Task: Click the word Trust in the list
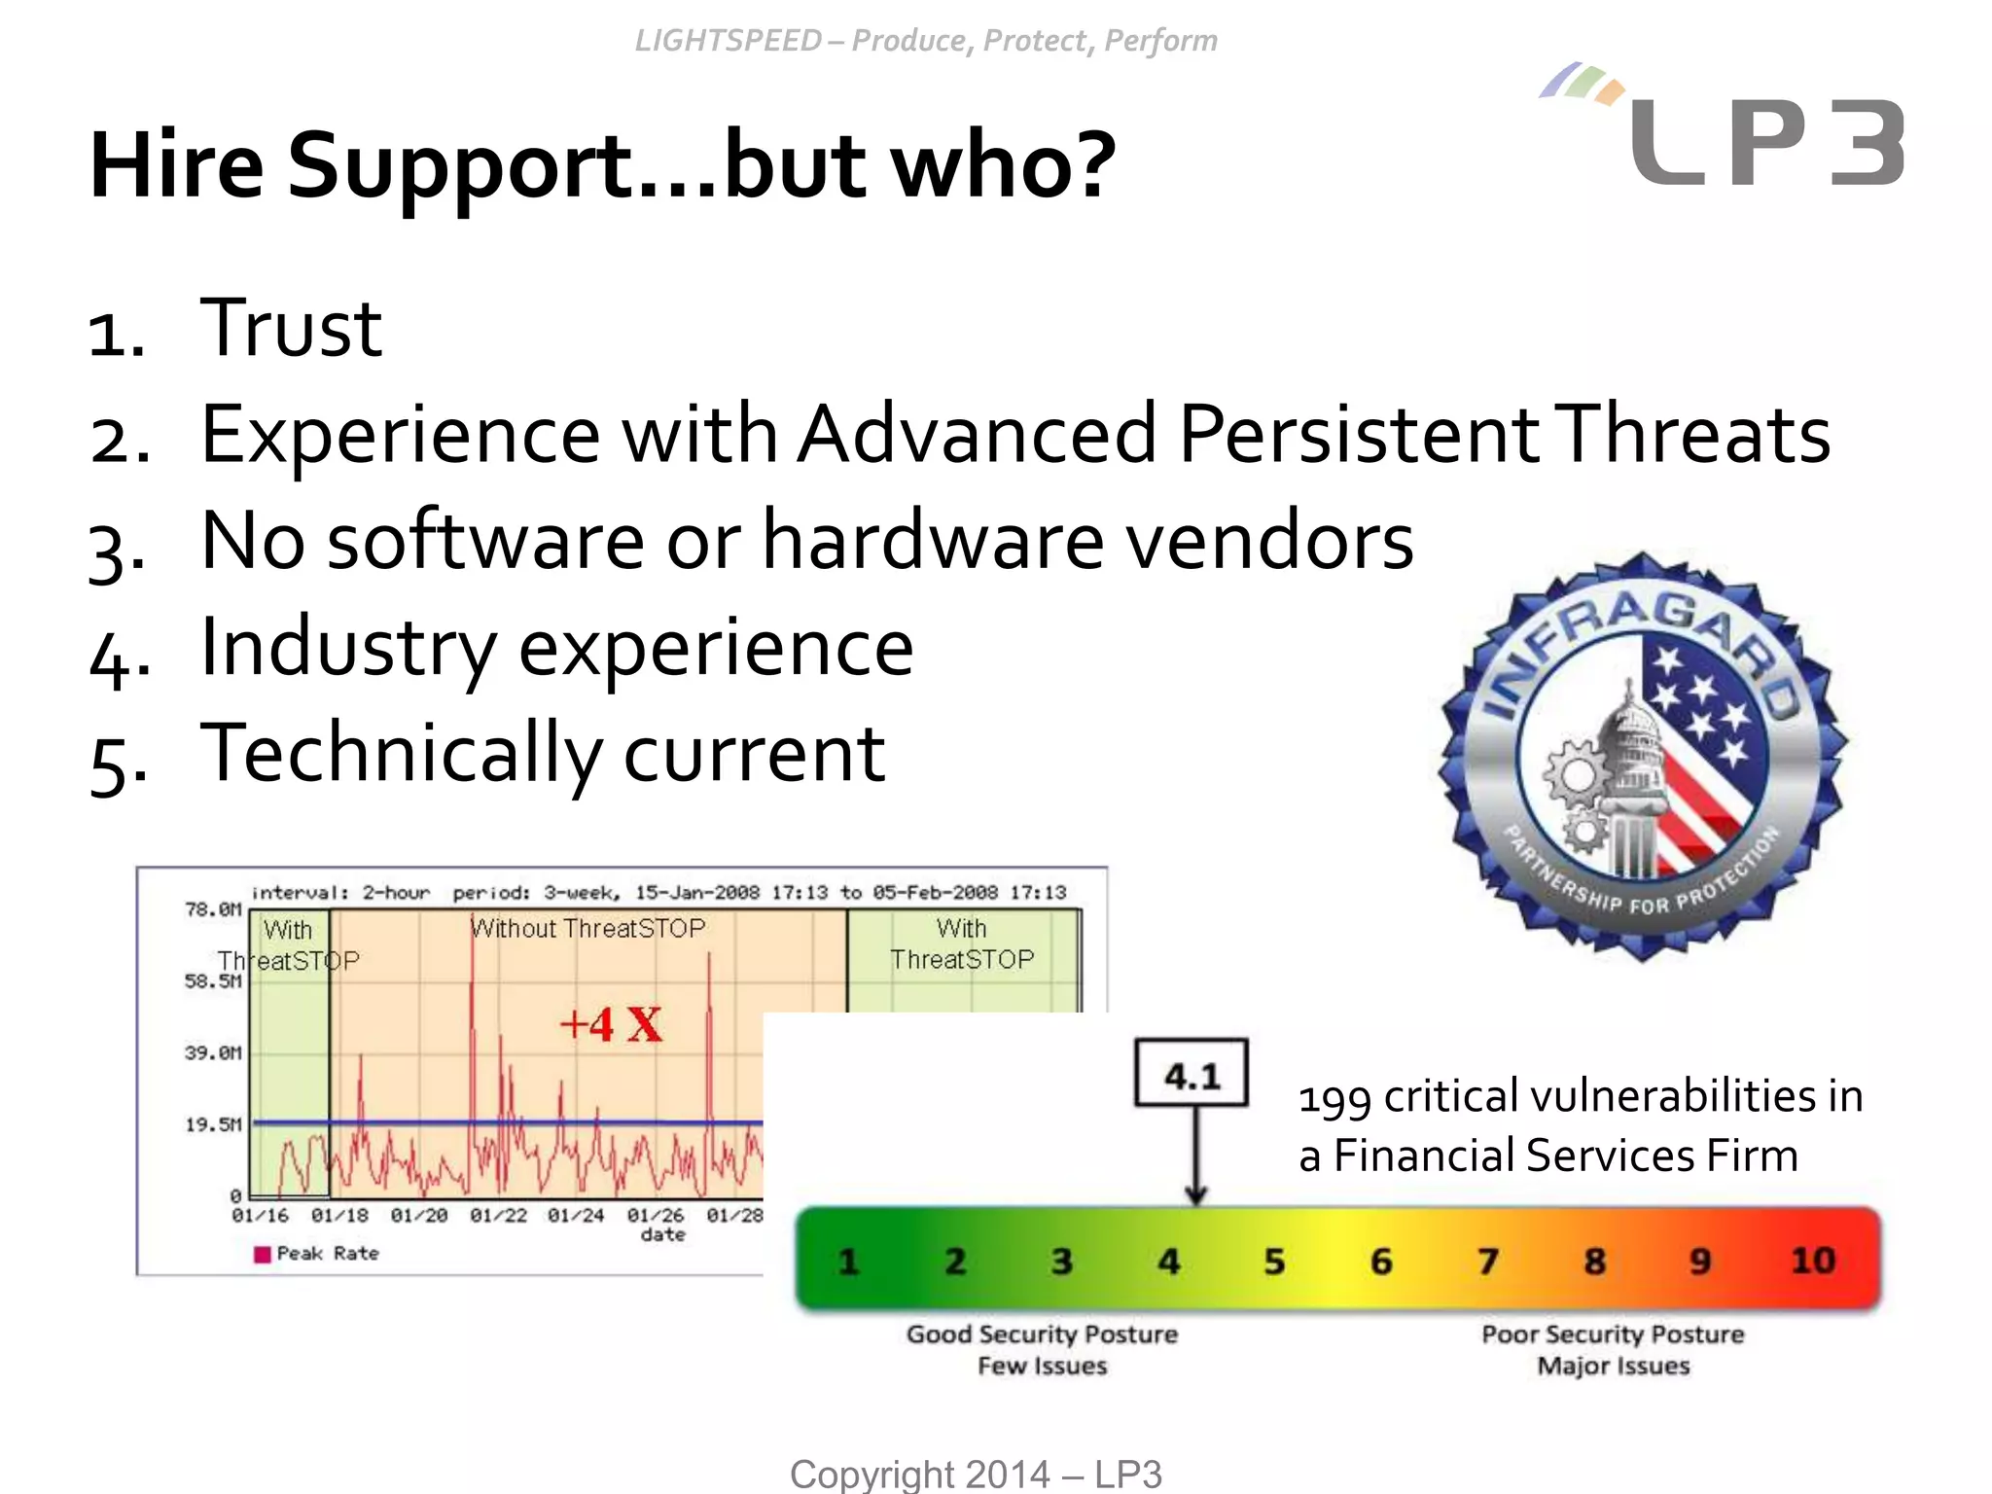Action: [x=290, y=329]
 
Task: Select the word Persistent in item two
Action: [x=1358, y=435]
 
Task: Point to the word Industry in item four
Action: [x=348, y=648]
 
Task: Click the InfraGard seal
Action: [x=1642, y=757]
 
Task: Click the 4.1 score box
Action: [x=1192, y=1074]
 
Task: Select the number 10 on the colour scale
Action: [x=1813, y=1261]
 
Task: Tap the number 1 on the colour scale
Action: [x=848, y=1262]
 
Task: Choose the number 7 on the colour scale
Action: [x=1487, y=1262]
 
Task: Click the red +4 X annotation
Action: [x=611, y=1024]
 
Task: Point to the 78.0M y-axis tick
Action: [x=212, y=909]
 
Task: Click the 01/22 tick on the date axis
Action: [x=498, y=1216]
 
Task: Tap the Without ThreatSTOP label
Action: [x=588, y=928]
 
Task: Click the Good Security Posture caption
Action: [x=1042, y=1334]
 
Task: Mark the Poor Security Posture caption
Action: [x=1613, y=1334]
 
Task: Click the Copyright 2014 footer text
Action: [x=976, y=1474]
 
